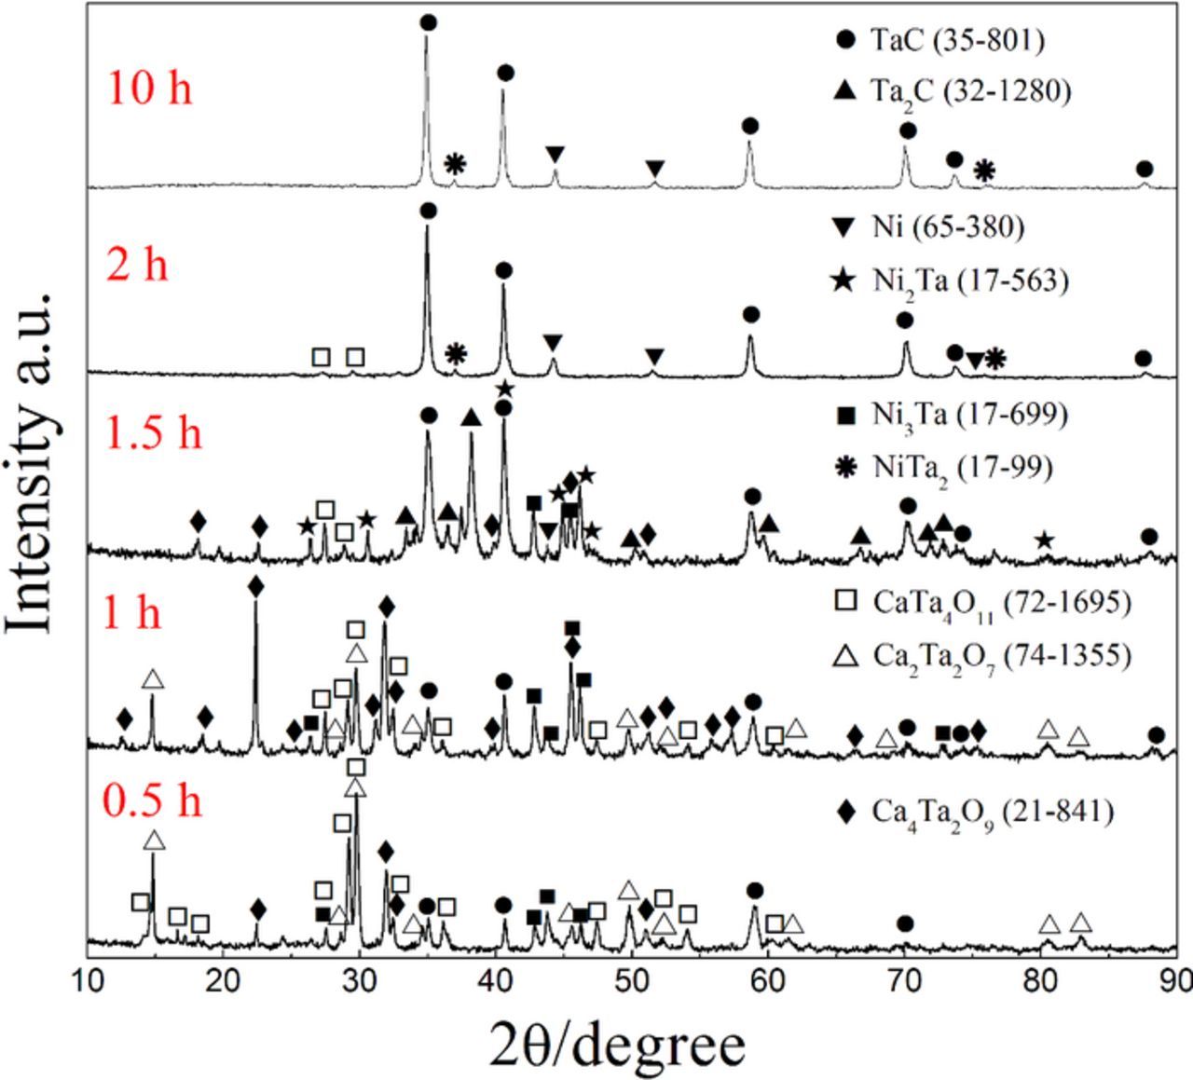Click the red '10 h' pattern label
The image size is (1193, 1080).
(150, 89)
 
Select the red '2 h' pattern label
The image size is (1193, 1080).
(137, 264)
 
